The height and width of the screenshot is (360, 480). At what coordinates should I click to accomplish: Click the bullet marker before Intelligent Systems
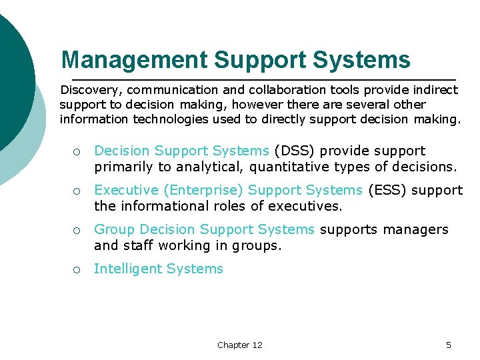tap(77, 269)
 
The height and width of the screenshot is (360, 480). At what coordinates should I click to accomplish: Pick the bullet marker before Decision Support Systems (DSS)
tap(77, 152)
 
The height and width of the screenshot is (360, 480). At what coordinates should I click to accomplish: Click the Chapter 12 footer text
tap(239, 345)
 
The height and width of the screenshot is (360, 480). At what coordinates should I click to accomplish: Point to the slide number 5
tap(448, 345)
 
